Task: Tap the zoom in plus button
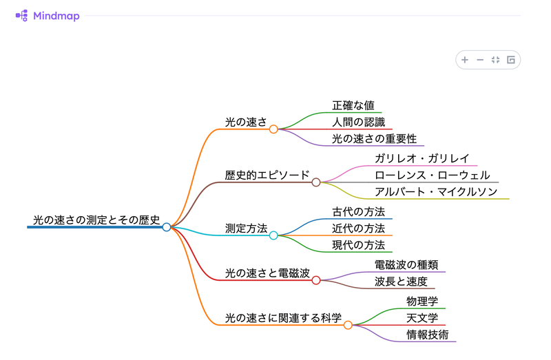click(465, 60)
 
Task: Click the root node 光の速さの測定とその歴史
click(96, 220)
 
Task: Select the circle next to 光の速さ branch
click(273, 129)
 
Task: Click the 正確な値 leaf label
click(353, 105)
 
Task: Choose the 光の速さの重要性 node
click(374, 138)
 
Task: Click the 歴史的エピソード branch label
click(267, 175)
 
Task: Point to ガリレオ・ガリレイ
click(422, 158)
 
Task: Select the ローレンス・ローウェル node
click(432, 175)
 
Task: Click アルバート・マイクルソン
click(436, 191)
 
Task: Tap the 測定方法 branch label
click(246, 228)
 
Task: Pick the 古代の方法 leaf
click(358, 211)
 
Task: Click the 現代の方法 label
click(358, 244)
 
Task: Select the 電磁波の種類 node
click(406, 264)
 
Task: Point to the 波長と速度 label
click(401, 281)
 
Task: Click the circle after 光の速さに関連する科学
click(348, 325)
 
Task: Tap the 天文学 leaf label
click(422, 317)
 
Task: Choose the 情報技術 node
click(427, 335)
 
